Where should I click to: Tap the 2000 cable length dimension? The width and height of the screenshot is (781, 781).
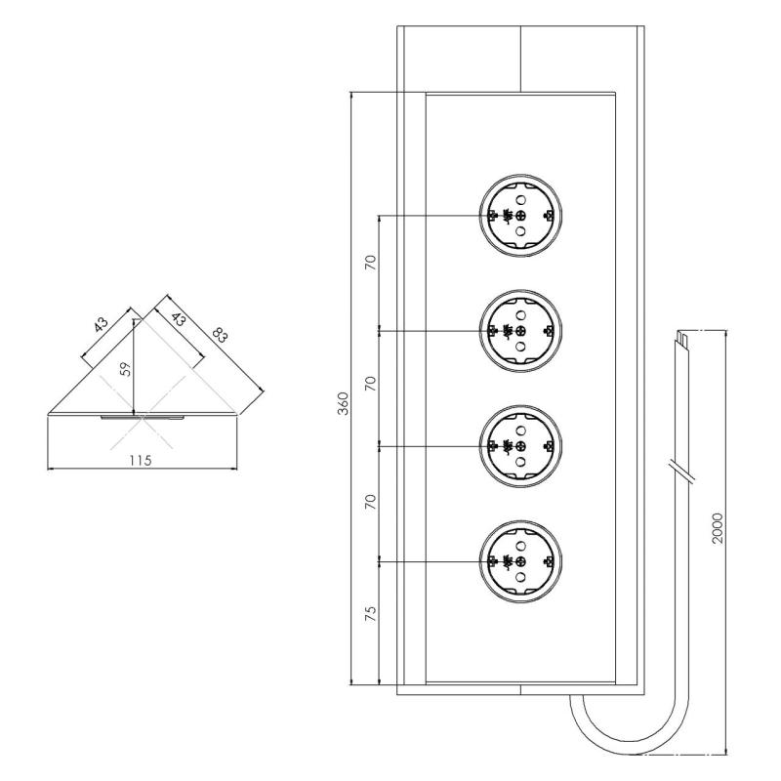(x=718, y=527)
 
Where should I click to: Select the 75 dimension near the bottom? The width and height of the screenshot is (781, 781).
(x=370, y=617)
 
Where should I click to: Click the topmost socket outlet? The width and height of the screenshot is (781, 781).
(x=520, y=216)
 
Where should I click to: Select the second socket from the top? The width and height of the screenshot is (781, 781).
(x=520, y=332)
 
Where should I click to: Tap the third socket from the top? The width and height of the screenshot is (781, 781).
(x=520, y=446)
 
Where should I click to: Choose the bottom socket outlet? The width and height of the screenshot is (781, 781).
(x=520, y=561)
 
